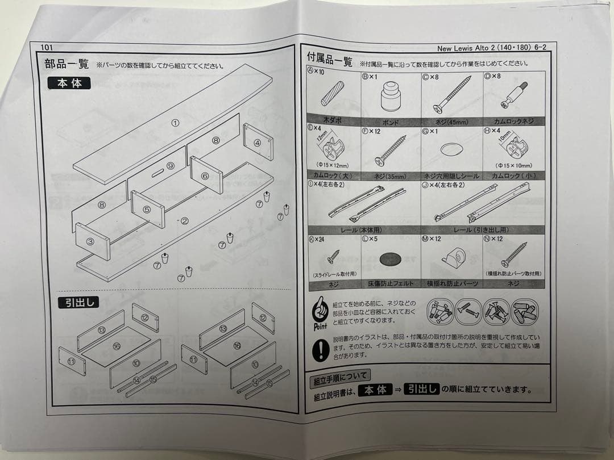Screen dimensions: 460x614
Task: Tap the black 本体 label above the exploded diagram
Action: coord(69,83)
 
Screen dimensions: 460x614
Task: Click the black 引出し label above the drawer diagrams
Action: coord(78,303)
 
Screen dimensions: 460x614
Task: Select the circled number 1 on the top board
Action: coord(176,123)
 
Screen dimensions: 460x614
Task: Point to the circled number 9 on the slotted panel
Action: coord(169,166)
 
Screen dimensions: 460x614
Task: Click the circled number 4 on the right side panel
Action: coord(257,143)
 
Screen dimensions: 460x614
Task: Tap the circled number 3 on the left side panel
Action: coord(90,241)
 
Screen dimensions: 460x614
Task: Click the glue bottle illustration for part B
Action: coord(390,95)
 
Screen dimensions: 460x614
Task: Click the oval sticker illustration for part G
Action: coord(451,149)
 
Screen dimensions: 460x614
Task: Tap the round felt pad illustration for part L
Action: coord(390,259)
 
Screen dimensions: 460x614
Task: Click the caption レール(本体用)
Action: coord(362,230)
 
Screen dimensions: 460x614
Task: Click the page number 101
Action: coord(47,48)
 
